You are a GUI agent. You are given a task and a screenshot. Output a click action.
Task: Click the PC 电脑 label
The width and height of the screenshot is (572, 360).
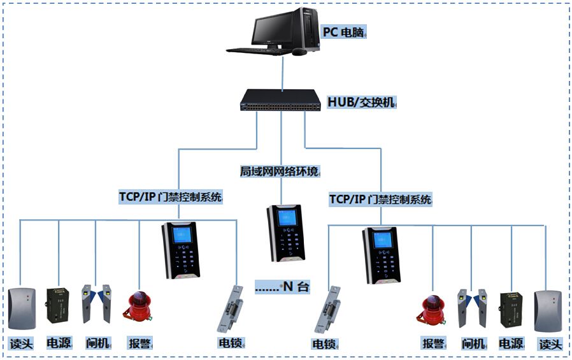click(x=345, y=31)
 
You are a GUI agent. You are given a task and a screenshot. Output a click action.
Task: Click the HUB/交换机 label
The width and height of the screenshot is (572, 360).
click(x=361, y=102)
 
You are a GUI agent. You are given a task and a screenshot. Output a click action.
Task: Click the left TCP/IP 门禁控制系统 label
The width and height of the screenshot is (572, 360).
click(x=170, y=197)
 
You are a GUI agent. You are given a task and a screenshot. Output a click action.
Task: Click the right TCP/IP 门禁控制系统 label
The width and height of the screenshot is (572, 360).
click(x=380, y=199)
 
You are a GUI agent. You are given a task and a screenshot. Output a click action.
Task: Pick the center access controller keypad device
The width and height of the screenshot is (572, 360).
click(x=285, y=233)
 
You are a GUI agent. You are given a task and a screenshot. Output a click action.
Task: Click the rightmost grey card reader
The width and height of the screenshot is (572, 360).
click(x=548, y=311)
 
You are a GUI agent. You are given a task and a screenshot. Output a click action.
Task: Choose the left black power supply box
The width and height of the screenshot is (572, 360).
click(x=59, y=306)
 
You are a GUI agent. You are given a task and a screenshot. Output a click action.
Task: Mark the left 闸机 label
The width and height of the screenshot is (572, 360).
click(x=98, y=343)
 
